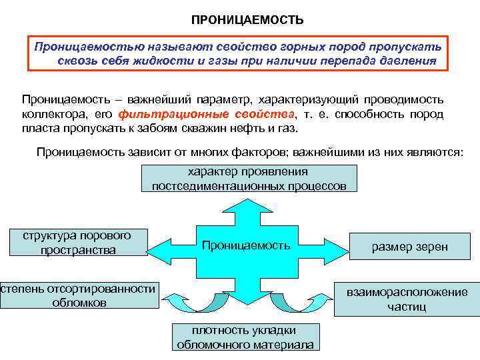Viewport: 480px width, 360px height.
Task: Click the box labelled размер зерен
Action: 409,247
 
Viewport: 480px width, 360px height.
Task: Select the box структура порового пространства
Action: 77,243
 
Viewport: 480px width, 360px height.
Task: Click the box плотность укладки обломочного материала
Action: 245,337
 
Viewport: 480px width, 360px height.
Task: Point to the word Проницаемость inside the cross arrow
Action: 246,245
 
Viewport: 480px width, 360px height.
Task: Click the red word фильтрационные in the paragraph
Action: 172,113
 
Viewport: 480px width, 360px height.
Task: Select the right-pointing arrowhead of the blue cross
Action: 330,245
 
